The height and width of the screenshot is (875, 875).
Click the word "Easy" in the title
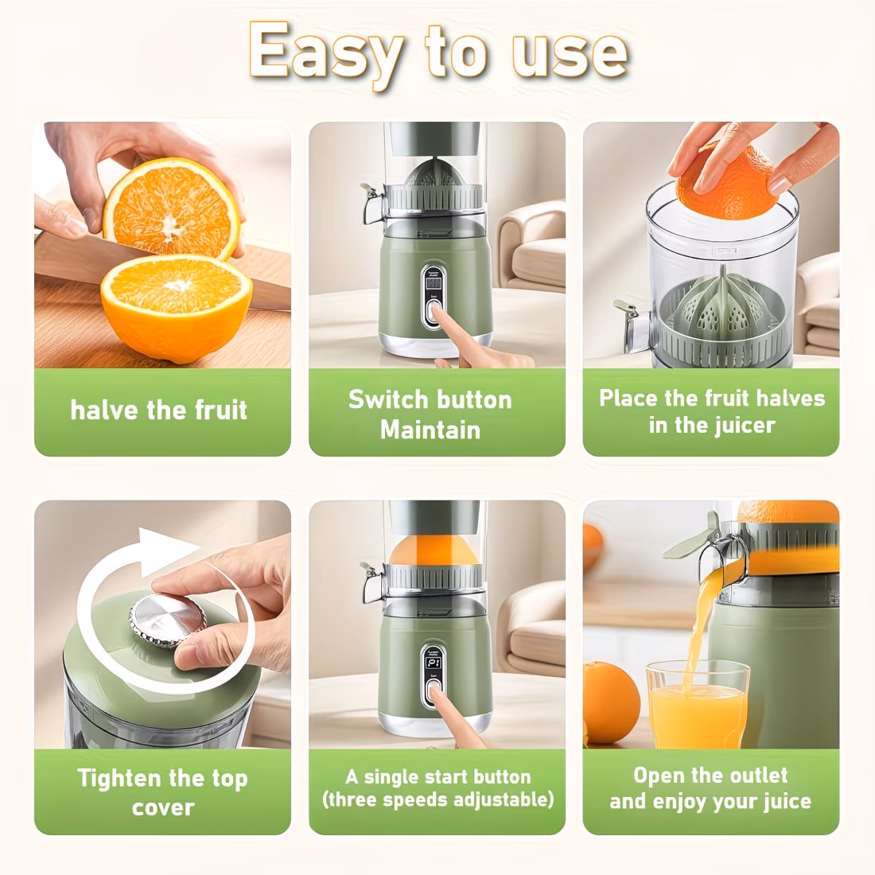click(x=325, y=54)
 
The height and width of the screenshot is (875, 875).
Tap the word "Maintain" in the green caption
click(x=430, y=430)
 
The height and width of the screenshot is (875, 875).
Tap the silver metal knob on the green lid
click(x=167, y=620)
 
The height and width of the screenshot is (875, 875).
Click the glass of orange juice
click(x=698, y=703)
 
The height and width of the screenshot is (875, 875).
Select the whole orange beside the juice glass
click(x=612, y=702)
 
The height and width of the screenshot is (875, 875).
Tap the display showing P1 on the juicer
click(x=434, y=663)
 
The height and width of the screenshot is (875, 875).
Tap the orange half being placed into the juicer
click(x=725, y=185)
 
